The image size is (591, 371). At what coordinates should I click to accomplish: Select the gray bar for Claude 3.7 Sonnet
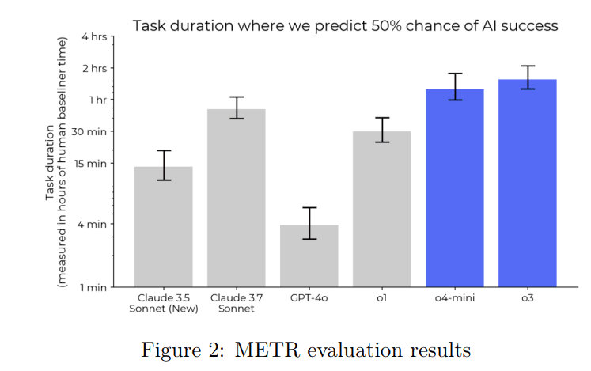coord(237,198)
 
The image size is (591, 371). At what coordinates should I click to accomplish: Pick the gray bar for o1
coord(382,209)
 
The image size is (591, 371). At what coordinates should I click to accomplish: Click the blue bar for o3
coord(528,183)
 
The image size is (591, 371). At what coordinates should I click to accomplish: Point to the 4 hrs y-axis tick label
coord(94,36)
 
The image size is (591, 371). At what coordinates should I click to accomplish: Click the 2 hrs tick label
coord(94,68)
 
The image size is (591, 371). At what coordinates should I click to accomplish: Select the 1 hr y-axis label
coord(97,100)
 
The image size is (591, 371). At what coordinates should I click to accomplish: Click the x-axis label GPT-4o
coord(309,297)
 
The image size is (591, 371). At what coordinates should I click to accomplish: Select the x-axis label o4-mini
coord(455,297)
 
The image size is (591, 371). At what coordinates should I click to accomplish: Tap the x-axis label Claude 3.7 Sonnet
coord(237,303)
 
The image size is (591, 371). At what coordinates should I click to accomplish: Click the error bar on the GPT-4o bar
coord(309,223)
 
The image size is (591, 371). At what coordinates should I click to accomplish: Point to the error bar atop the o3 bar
coord(528,77)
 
